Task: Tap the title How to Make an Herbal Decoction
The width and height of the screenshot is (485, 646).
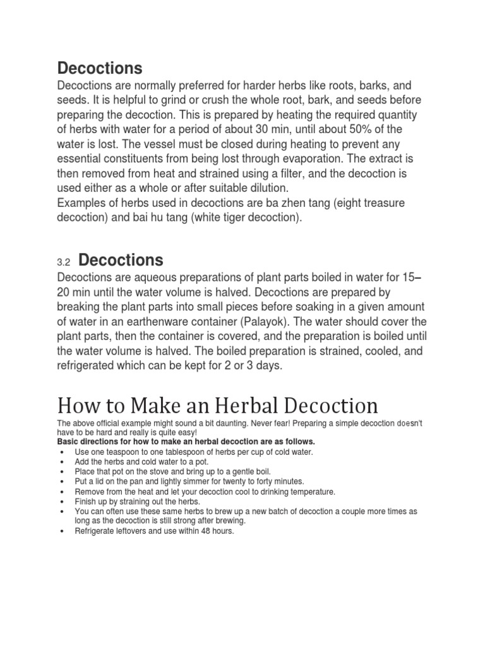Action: [x=217, y=405]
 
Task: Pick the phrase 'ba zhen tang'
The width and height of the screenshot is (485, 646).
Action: [x=295, y=203]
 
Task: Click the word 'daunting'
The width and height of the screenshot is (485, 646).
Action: [x=207, y=423]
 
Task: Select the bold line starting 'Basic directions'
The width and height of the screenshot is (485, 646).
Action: [x=186, y=442]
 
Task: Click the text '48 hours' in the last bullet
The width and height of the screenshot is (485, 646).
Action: [x=215, y=531]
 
